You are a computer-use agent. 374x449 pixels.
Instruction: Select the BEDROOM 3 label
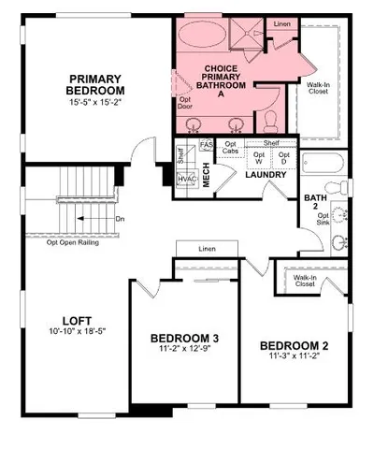click(x=184, y=338)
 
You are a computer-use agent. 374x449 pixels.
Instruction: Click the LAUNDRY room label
click(x=264, y=174)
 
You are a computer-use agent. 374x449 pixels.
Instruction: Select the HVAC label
click(x=186, y=178)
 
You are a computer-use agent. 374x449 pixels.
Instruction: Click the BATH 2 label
click(x=315, y=203)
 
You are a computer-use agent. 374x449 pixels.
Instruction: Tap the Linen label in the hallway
click(x=208, y=248)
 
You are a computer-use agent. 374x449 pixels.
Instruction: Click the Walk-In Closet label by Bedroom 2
click(x=303, y=280)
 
